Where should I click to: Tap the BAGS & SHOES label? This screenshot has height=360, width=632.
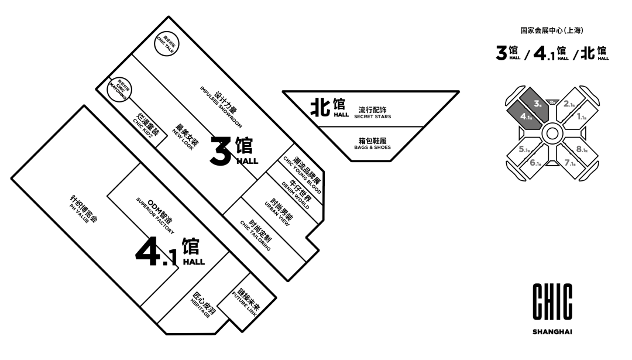[x=372, y=144]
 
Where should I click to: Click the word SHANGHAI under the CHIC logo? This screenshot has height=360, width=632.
[x=552, y=332]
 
